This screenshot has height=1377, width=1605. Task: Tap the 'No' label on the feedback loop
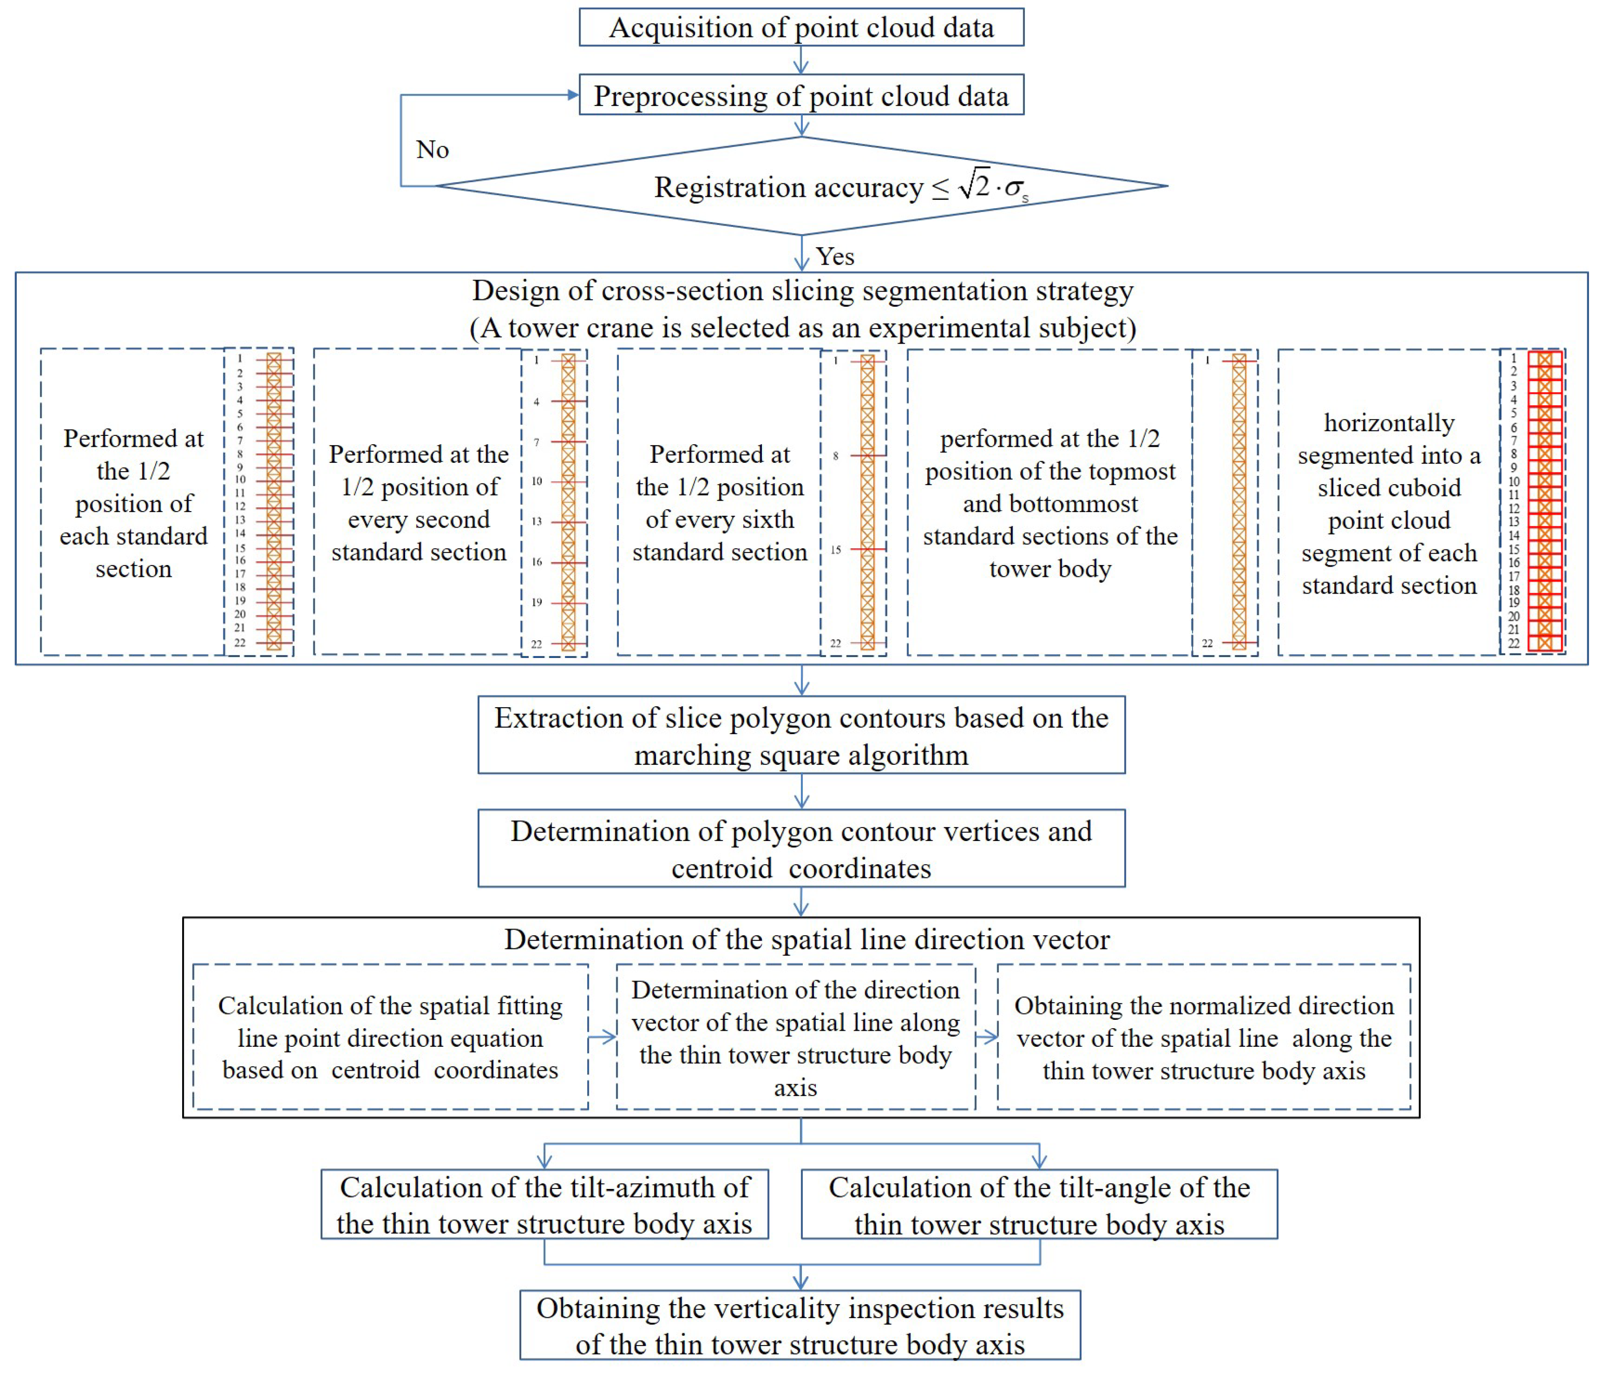432,149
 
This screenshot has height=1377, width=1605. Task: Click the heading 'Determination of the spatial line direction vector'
806,939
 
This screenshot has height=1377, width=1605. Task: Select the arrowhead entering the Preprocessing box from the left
573,95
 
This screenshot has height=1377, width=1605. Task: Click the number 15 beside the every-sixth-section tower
836,550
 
